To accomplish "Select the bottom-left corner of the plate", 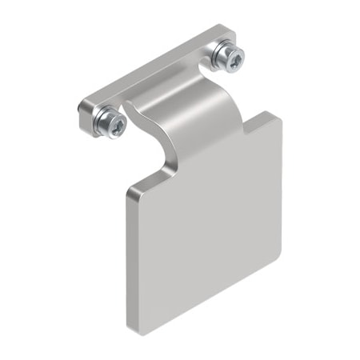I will pyautogui.click(x=130, y=327).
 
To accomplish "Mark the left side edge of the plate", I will pyautogui.click(x=127, y=256).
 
